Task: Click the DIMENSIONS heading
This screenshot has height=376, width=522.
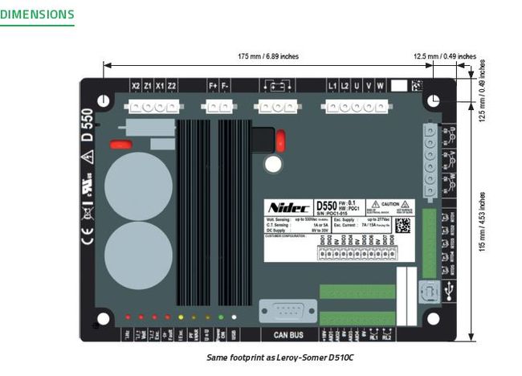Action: [x=38, y=14]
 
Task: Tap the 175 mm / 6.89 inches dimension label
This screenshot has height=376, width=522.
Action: [x=268, y=57]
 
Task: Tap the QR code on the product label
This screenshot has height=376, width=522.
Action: [x=403, y=226]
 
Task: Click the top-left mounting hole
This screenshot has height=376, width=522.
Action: [x=104, y=100]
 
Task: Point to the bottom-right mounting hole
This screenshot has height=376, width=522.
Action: [x=434, y=319]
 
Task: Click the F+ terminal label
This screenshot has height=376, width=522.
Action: [x=214, y=85]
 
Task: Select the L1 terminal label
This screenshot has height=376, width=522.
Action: [x=332, y=85]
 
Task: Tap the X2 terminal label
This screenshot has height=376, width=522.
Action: [x=136, y=85]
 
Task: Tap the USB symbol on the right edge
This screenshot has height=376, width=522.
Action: [x=448, y=292]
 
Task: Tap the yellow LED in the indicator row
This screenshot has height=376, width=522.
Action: [x=181, y=317]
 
